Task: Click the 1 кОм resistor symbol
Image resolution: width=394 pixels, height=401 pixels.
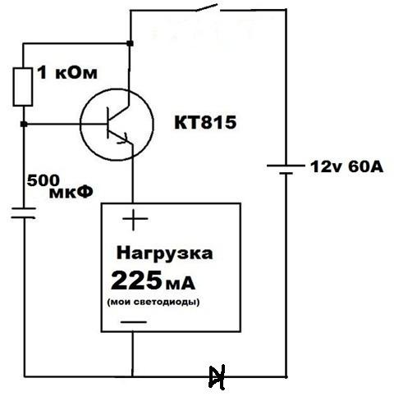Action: (x=23, y=87)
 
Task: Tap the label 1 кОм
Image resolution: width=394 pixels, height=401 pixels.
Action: (x=67, y=73)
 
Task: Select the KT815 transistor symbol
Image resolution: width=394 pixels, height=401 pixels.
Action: (x=117, y=125)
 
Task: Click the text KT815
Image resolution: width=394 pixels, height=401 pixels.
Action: (x=205, y=122)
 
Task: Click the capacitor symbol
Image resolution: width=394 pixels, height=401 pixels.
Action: (x=23, y=213)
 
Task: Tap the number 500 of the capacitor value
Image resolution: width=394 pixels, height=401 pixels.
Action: (x=44, y=180)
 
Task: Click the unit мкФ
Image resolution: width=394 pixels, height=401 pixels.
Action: (x=71, y=193)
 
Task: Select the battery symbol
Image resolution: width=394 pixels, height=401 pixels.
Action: (x=286, y=169)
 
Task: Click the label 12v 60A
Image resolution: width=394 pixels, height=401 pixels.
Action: (x=346, y=166)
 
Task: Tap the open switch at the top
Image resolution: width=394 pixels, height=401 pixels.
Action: (x=208, y=7)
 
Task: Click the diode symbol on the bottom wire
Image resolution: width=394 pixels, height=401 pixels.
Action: (x=217, y=377)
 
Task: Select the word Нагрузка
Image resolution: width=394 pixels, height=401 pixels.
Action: (x=164, y=253)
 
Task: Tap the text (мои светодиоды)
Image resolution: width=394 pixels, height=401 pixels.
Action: (x=153, y=302)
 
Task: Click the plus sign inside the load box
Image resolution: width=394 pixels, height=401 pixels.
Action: (x=134, y=220)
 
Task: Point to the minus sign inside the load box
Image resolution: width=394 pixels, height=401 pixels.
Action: (x=134, y=321)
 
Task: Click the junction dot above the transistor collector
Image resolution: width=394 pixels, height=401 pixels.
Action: (x=131, y=43)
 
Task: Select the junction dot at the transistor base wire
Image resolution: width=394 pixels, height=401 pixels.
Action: (x=24, y=124)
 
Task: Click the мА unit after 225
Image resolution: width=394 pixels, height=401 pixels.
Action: (x=180, y=285)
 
